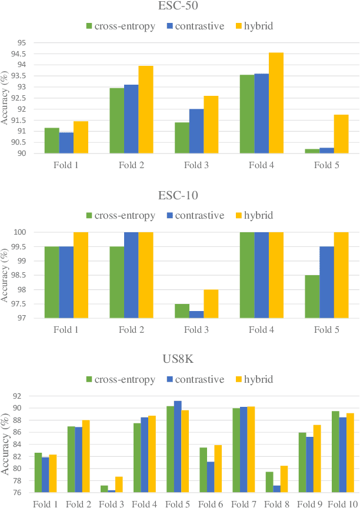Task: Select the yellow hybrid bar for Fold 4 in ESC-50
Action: pos(276,103)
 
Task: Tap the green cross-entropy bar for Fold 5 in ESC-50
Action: pos(312,151)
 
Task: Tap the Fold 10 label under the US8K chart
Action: pos(343,503)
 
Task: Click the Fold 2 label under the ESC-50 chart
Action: pos(131,165)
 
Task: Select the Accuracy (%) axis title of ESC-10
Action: pos(5,275)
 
